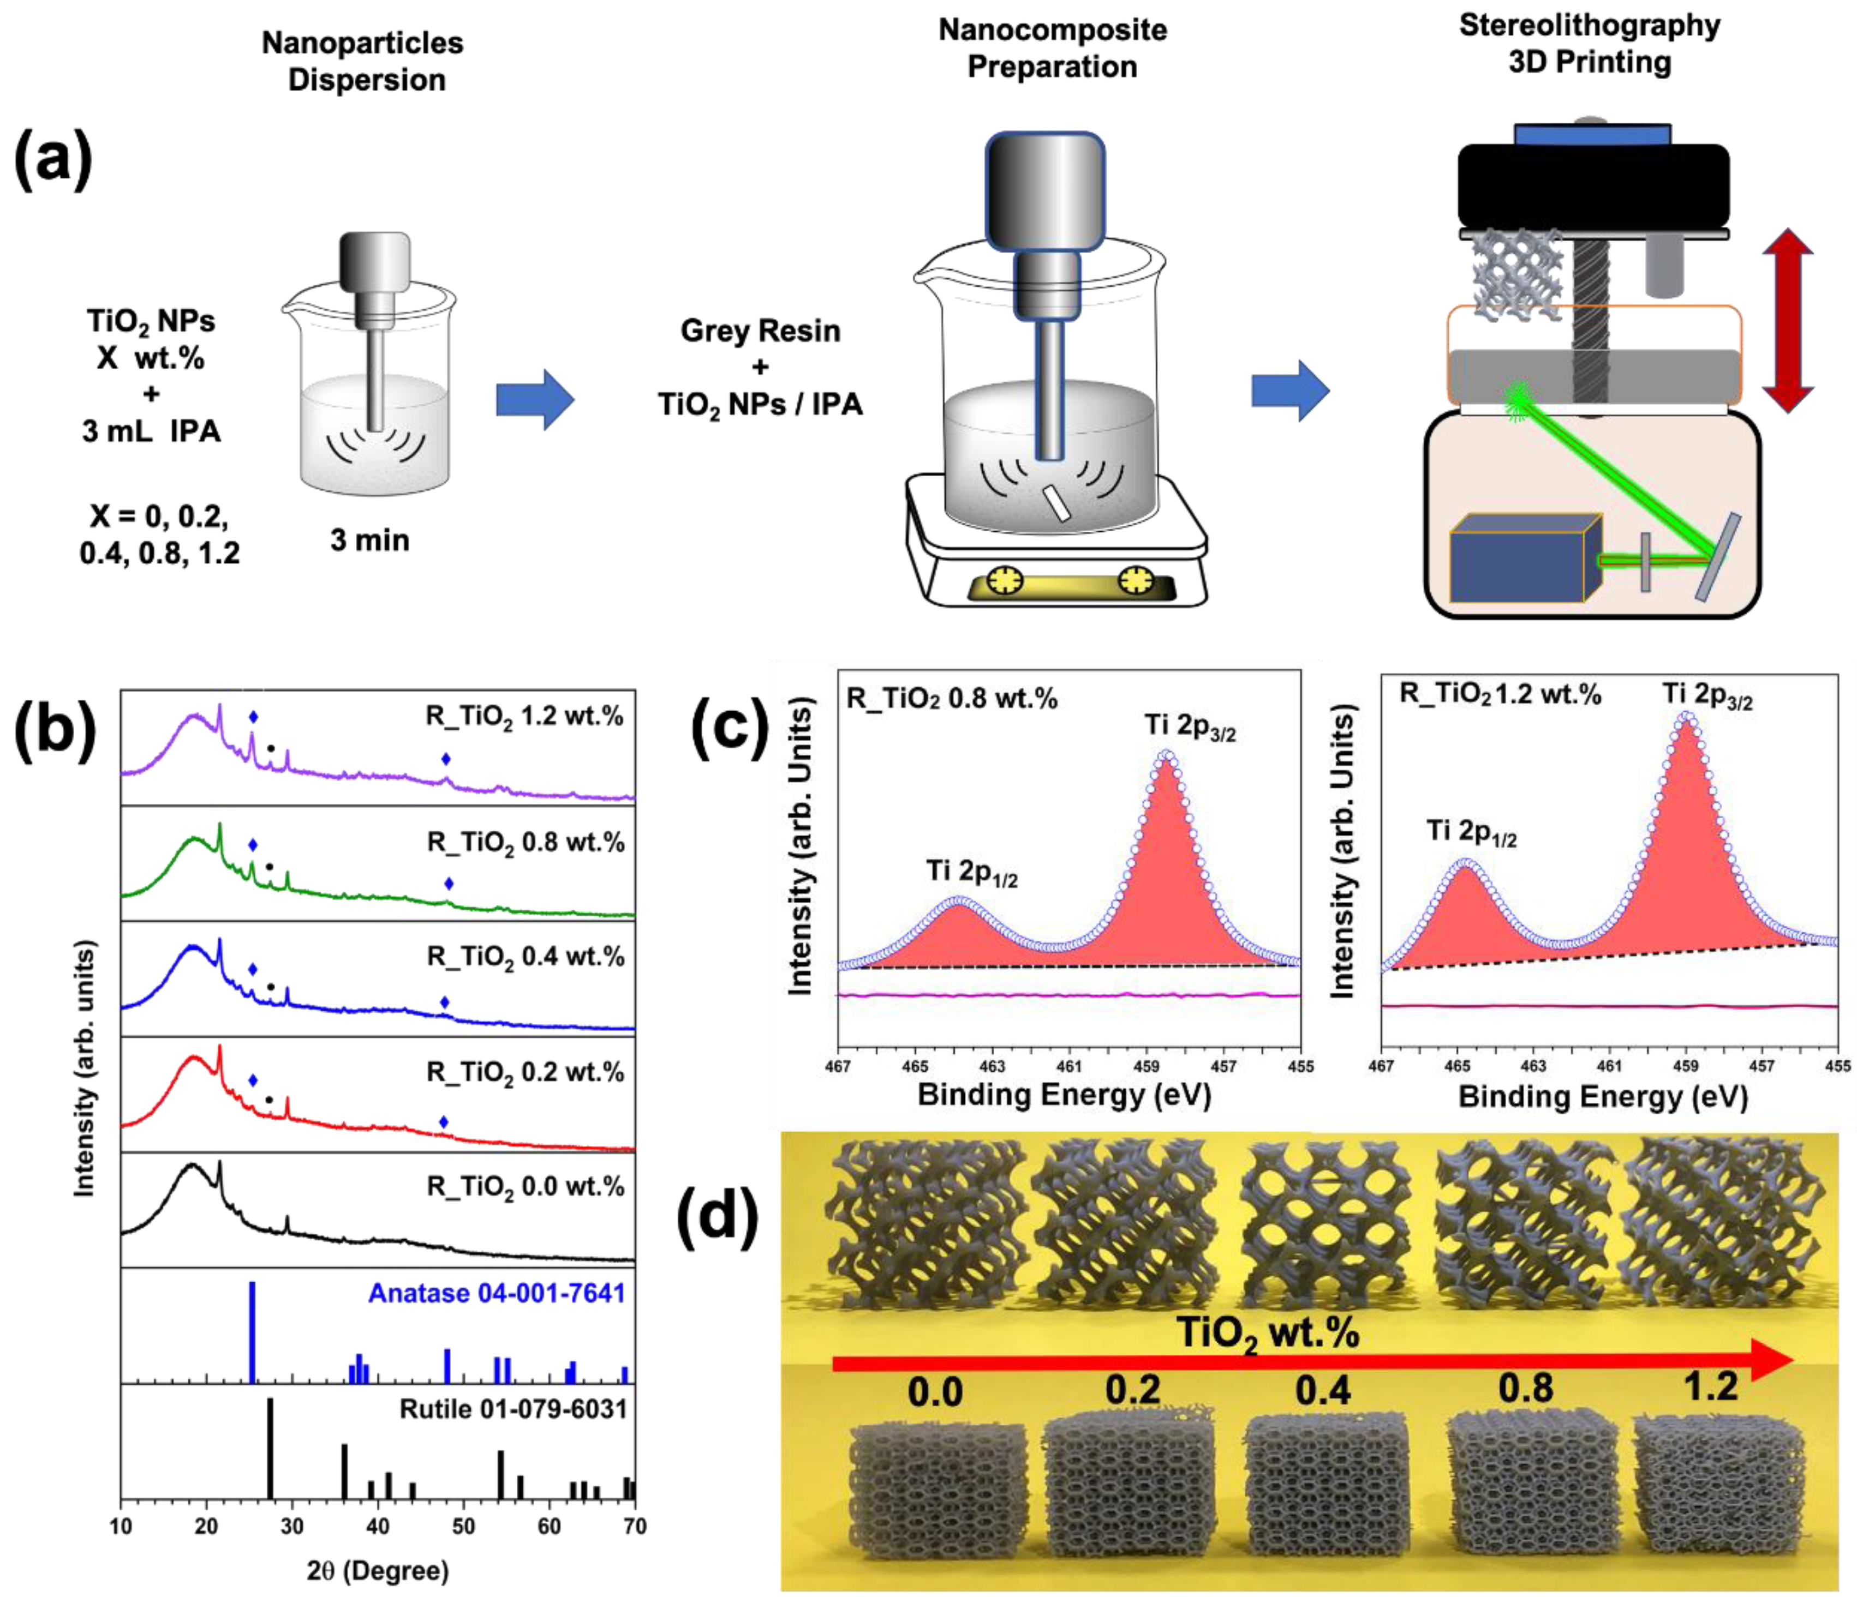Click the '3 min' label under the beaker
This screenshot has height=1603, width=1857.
(369, 541)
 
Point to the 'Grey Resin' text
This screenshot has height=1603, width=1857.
(760, 331)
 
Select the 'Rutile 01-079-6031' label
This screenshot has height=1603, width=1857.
(512, 1409)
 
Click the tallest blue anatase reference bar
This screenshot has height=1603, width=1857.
(252, 1332)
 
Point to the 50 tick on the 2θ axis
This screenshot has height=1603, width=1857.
(463, 1526)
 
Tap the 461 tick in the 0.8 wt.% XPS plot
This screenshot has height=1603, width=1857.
(1068, 1066)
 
